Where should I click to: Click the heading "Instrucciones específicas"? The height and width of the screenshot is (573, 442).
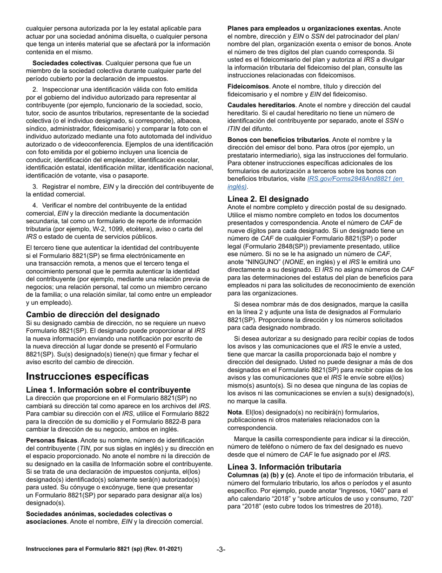pos(87,376)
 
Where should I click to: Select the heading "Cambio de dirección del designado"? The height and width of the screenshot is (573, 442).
pos(93,314)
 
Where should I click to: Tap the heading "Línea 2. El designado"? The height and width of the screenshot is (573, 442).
pos(268,199)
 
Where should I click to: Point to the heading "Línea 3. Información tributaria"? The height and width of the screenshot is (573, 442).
pos(284,467)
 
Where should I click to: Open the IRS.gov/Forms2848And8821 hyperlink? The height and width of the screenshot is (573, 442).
pos(355,178)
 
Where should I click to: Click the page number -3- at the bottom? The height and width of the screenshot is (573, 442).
pos(221,550)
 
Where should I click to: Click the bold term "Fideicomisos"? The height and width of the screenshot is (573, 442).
pos(248,86)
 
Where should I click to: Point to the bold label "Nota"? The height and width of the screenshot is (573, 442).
pos(234,412)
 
